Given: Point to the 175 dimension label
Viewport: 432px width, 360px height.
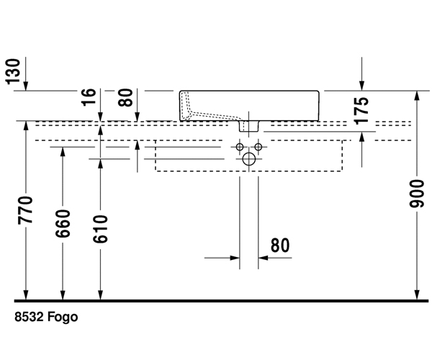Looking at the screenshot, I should click(362, 111).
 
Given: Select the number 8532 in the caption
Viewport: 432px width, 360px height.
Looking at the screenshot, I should click(30, 317).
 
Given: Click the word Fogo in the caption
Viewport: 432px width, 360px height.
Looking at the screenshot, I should click(63, 317).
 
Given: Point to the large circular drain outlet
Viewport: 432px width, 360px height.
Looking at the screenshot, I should click(249, 159).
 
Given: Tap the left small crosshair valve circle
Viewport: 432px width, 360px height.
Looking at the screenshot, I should click(240, 147).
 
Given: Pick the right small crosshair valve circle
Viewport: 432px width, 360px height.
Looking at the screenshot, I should click(258, 147).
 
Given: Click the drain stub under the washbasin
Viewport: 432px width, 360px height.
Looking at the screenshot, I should click(249, 127).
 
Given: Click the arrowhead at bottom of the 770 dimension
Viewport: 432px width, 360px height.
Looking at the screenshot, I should click(26, 293).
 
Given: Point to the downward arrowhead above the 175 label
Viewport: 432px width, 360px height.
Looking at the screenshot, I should click(362, 85).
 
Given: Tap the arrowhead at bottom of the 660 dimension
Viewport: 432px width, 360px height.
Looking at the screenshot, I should click(63, 293).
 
